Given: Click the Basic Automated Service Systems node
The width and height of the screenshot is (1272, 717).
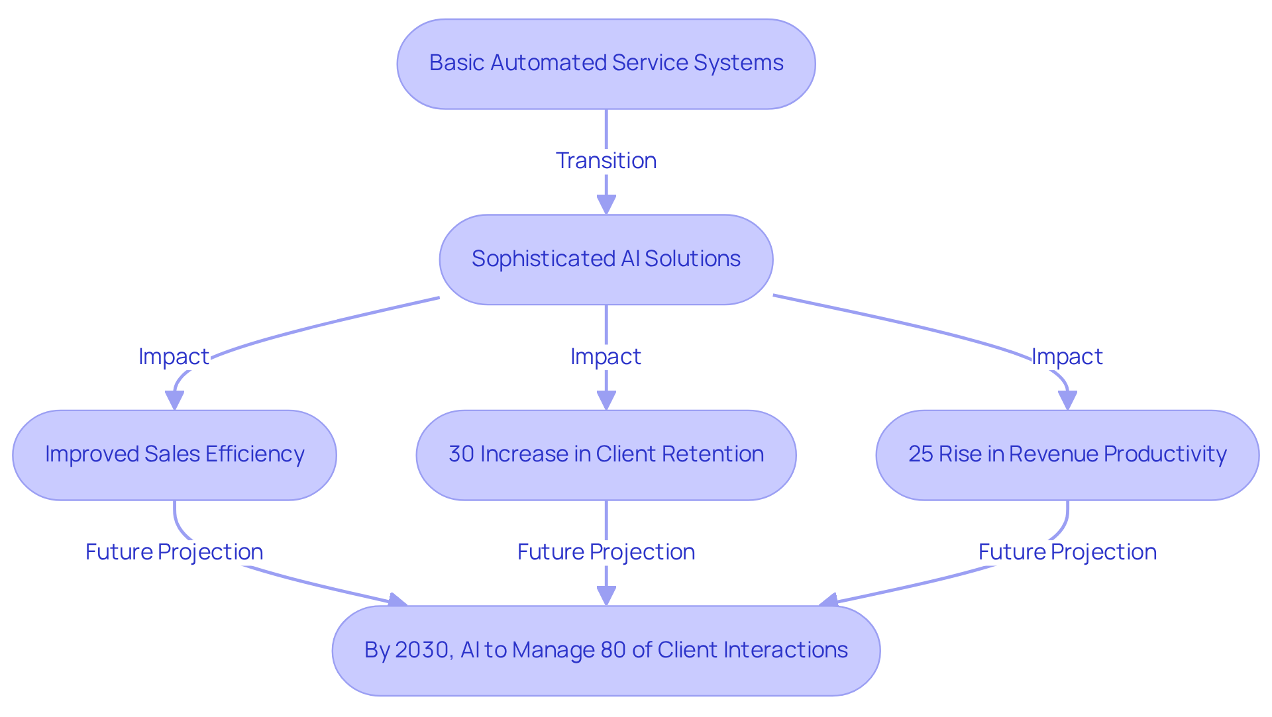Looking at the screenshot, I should click(606, 64).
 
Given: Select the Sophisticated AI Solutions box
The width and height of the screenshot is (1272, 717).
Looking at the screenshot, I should click(606, 259).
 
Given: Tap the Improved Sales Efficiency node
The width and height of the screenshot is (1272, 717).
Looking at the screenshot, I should click(174, 455).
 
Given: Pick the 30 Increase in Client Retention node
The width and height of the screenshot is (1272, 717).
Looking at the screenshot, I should click(606, 455).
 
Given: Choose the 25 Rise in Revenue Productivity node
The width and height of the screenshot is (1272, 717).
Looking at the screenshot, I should click(1067, 455).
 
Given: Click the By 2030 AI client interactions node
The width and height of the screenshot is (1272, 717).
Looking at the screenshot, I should click(606, 650).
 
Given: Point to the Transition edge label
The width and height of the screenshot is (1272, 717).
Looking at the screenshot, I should click(606, 160).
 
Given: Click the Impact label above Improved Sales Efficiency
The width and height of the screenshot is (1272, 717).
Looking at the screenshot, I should click(174, 356).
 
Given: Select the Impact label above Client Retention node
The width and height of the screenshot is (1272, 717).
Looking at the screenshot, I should click(606, 356).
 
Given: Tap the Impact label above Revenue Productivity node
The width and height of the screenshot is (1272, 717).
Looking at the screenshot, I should click(1067, 356).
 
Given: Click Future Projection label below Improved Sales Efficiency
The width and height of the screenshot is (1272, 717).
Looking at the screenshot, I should click(174, 551).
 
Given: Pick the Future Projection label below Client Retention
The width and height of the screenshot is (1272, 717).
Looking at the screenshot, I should click(606, 551).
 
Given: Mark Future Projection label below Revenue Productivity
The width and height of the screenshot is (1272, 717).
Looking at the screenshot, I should click(1067, 551).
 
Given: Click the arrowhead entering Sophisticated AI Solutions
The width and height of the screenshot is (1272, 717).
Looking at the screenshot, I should click(606, 205).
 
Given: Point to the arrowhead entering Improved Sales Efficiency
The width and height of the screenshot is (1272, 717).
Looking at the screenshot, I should click(174, 401).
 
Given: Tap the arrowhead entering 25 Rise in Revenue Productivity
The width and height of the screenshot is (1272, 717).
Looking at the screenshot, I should click(1067, 401).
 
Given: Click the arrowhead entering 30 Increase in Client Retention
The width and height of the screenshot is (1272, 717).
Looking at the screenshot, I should click(606, 401).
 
